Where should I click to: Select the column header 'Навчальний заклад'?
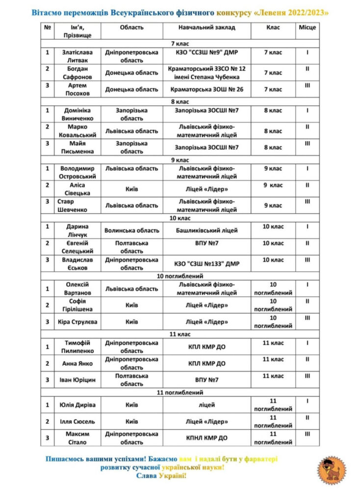pyautogui.click(x=207, y=27)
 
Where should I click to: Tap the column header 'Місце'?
pyautogui.click(x=308, y=27)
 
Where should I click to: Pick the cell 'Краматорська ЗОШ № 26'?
pyautogui.click(x=207, y=89)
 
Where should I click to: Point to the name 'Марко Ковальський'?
pyautogui.click(x=77, y=131)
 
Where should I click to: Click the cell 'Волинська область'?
pyautogui.click(x=132, y=230)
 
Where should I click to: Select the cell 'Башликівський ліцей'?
pyautogui.click(x=207, y=230)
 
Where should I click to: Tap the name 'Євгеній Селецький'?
pyautogui.click(x=77, y=247)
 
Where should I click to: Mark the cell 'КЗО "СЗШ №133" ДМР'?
pyautogui.click(x=207, y=264)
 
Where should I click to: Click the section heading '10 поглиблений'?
pyautogui.click(x=180, y=276)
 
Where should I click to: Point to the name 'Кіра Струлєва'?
pyautogui.click(x=77, y=322)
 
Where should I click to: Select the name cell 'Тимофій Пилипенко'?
pyautogui.click(x=77, y=347)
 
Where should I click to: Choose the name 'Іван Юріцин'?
pyautogui.click(x=77, y=379)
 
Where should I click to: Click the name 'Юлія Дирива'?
pyautogui.click(x=77, y=405)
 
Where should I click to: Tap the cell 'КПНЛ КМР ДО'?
pyautogui.click(x=207, y=438)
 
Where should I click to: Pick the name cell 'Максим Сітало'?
pyautogui.click(x=77, y=438)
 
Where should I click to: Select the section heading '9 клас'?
pyautogui.click(x=180, y=160)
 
